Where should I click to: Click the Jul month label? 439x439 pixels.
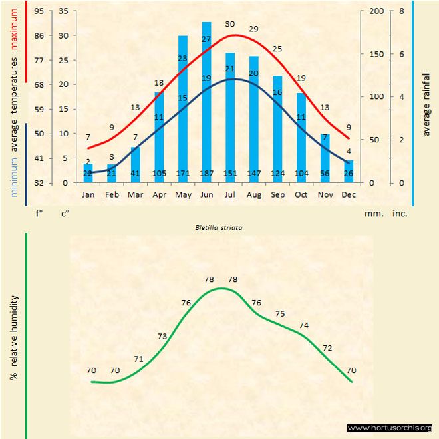[x=230, y=195]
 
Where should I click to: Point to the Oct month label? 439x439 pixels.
[x=301, y=195]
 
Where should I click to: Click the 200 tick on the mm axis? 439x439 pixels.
[x=376, y=11]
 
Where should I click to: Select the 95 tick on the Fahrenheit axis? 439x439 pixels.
[x=39, y=11]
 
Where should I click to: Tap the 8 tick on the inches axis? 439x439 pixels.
[x=401, y=11]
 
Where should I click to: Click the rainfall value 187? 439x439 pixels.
[x=206, y=174]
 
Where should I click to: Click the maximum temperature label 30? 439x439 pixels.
[x=230, y=24]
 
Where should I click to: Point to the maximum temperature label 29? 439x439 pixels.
[x=253, y=29]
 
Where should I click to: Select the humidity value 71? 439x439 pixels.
[x=139, y=359]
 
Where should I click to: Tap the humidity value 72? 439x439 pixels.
[x=327, y=348]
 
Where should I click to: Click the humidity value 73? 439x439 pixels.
[x=162, y=337]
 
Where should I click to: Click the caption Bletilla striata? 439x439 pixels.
[x=219, y=227]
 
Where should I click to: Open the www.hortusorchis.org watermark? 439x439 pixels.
[x=390, y=428]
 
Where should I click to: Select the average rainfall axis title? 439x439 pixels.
[x=426, y=103]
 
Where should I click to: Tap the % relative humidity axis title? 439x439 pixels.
[x=13, y=338]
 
